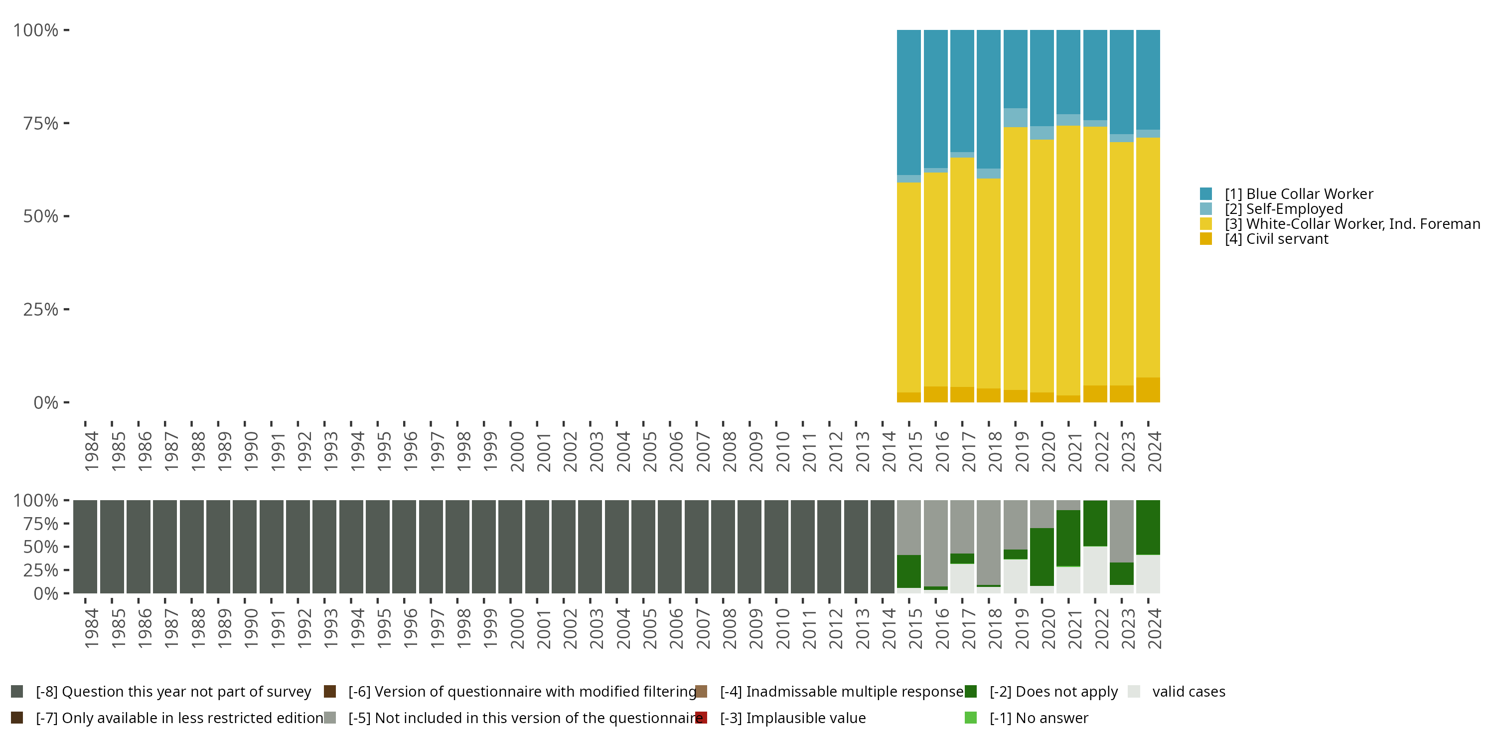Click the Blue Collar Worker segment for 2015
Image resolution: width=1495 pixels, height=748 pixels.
coord(909,102)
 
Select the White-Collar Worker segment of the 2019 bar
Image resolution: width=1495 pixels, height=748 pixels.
coord(1015,258)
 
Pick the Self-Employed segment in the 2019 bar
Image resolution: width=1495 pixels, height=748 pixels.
coord(1015,117)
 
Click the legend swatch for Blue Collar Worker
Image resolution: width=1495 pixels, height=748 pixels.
coord(1206,194)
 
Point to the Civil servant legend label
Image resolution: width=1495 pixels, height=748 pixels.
coord(1276,239)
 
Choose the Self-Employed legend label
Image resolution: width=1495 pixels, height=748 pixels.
coord(1284,209)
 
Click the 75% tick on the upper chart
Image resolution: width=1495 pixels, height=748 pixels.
coord(66,123)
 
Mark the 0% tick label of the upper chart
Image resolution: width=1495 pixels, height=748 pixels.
coord(45,402)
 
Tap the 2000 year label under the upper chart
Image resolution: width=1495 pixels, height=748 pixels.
coord(517,452)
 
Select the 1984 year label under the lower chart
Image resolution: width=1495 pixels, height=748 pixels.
coord(92,628)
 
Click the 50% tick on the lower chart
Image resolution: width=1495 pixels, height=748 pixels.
coord(66,547)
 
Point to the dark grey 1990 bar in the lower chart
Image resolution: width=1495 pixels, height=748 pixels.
coord(244,547)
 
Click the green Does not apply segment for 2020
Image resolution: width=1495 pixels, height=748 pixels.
coord(1042,557)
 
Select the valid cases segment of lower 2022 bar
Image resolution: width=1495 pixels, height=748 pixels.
coord(1095,569)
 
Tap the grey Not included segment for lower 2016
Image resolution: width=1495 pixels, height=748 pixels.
coord(935,543)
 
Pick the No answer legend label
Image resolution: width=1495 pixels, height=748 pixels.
coord(1039,718)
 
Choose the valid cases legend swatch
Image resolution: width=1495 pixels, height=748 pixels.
coord(1134,692)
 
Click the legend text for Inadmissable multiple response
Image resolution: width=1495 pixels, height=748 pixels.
coord(842,692)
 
